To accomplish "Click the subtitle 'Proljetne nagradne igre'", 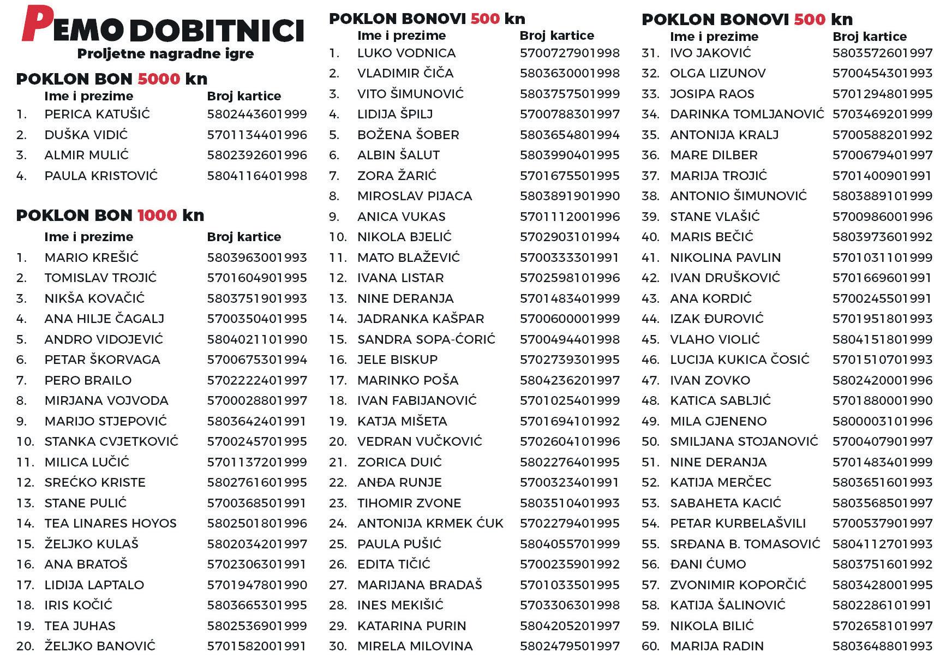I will coord(165,54).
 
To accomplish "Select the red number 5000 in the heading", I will coord(159,79).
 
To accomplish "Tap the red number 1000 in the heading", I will coord(157,216).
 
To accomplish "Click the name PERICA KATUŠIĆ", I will coord(97,115).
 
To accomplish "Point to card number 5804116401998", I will coord(257,176).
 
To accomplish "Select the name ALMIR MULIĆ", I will coord(87,155).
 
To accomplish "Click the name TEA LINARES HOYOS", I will coord(111,524).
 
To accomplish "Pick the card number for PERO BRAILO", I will coord(257,380).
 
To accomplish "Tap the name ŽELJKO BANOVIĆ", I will coord(100,647).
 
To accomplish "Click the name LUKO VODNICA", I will coord(406,53).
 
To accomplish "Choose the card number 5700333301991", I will coord(569,258).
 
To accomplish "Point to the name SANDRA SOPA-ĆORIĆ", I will coord(426,339).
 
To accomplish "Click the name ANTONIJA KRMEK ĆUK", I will coord(430,524).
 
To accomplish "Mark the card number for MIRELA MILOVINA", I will coord(570,647).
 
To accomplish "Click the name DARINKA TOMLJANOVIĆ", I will coord(747,115).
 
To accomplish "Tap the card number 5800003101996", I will coord(882,421).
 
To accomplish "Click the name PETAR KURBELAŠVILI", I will coord(738,524).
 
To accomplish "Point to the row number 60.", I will coord(650,647).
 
